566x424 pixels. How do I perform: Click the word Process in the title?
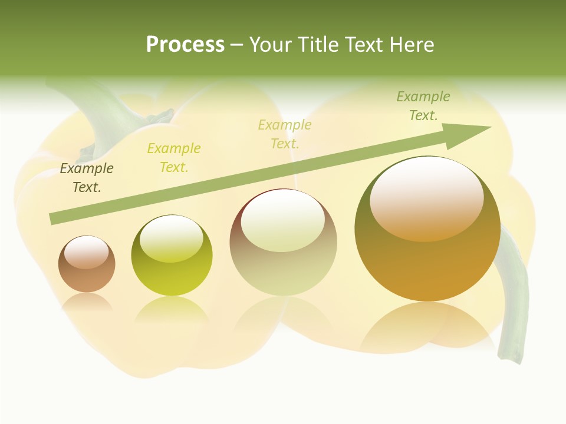pos(185,45)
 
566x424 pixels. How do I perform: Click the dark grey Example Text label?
pos(87,178)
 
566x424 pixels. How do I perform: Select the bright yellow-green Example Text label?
pos(174,158)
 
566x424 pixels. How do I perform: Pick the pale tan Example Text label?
pos(285,134)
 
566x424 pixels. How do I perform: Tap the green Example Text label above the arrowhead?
pos(423,106)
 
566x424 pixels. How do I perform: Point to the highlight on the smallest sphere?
pos(86,252)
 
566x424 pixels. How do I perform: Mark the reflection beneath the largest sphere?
pos(427,327)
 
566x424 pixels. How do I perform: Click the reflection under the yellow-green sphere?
pos(172,309)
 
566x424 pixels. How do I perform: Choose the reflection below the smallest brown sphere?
pos(87,302)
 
